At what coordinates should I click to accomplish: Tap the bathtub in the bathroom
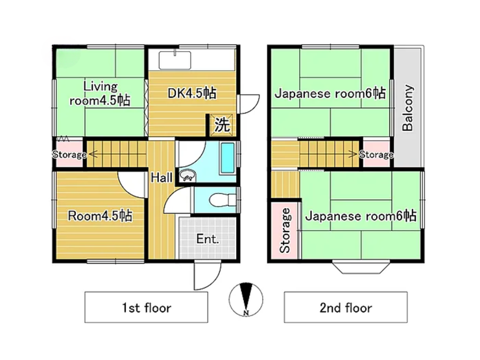pyautogui.click(x=228, y=158)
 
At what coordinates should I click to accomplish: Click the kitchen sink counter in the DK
pyautogui.click(x=174, y=60)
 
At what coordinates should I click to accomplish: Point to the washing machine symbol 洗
pyautogui.click(x=222, y=125)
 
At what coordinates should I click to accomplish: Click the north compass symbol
pyautogui.click(x=246, y=299)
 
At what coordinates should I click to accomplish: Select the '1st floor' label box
pyautogui.click(x=147, y=307)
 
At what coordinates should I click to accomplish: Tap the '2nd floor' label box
pyautogui.click(x=346, y=307)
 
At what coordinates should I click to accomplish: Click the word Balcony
pyautogui.click(x=408, y=108)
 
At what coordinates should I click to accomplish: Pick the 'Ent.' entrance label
pyautogui.click(x=208, y=239)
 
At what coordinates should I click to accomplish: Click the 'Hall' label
pyautogui.click(x=162, y=178)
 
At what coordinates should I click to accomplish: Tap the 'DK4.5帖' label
pyautogui.click(x=192, y=93)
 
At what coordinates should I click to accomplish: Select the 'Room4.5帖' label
pyautogui.click(x=100, y=216)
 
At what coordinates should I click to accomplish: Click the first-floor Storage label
pyautogui.click(x=69, y=154)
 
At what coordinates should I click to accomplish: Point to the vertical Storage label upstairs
pyautogui.click(x=285, y=230)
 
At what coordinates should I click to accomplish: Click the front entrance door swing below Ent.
pyautogui.click(x=208, y=275)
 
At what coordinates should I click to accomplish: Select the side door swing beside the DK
pyautogui.click(x=248, y=104)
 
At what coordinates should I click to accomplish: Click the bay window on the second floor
pyautogui.click(x=361, y=267)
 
